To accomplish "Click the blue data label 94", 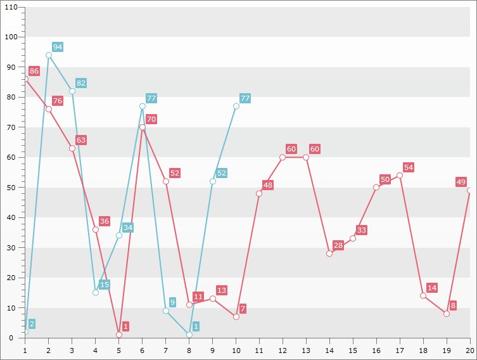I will click(58, 47).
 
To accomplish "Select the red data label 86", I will click(34, 71).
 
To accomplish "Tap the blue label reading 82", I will click(81, 83).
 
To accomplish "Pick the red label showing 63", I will click(81, 140).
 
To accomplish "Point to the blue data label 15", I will click(105, 285).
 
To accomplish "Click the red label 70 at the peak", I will click(151, 119).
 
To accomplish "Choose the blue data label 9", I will click(172, 302).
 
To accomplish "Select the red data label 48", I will click(268, 185).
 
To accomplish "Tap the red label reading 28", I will click(338, 245).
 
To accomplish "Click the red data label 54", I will click(409, 167).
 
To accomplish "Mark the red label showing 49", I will click(461, 182).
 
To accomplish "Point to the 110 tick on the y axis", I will click(11, 6).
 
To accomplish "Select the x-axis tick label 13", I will click(306, 350).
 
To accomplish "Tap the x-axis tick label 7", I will click(165, 350).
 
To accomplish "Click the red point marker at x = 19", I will click(447, 314).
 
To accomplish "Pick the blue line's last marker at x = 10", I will click(236, 106).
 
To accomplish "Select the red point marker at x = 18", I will click(423, 295).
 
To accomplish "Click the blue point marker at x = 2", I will click(49, 55).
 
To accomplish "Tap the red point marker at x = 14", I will click(329, 254).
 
